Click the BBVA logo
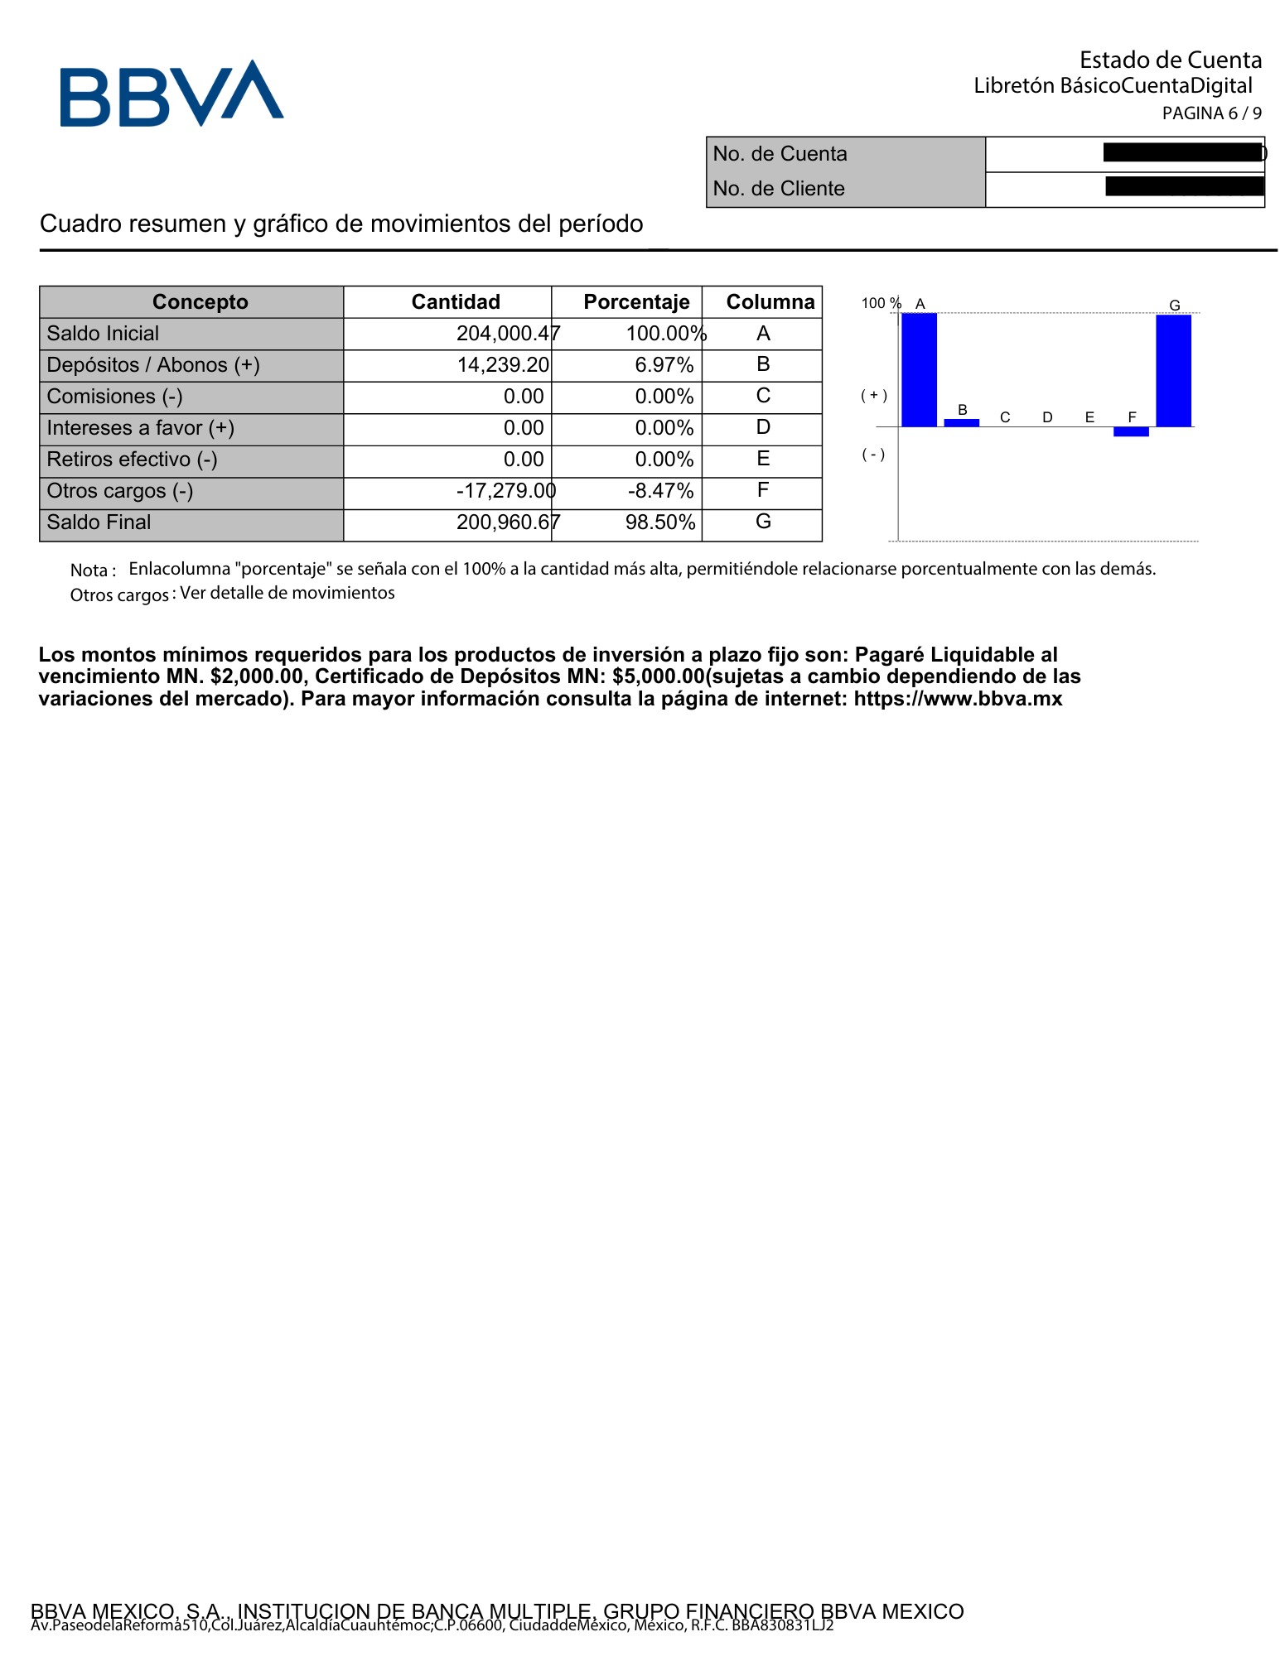(171, 93)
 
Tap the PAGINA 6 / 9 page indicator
(1211, 113)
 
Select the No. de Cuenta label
(780, 154)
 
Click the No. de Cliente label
(778, 189)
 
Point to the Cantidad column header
(456, 302)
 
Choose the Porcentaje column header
(636, 302)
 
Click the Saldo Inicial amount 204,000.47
(508, 334)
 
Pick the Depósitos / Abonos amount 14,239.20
(503, 365)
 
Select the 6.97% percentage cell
(664, 365)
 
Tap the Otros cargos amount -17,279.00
(505, 491)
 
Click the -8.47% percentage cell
(660, 491)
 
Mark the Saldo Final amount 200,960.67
(508, 522)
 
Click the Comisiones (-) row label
(114, 397)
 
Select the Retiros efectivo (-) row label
(132, 460)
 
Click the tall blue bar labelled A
(919, 369)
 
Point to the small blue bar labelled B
(962, 422)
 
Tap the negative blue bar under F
(1131, 431)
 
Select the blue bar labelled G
(1173, 370)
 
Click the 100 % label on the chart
(881, 303)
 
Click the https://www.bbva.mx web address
(958, 699)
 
